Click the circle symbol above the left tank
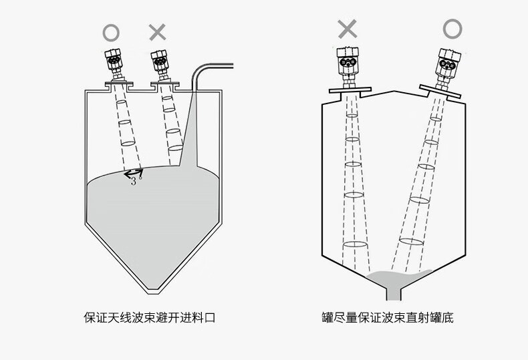(111, 31)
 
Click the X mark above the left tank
(157, 31)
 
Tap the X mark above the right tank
(347, 29)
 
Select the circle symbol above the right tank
(452, 28)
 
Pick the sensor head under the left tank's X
(159, 64)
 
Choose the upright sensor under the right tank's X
(346, 63)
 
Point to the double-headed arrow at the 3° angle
(132, 173)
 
